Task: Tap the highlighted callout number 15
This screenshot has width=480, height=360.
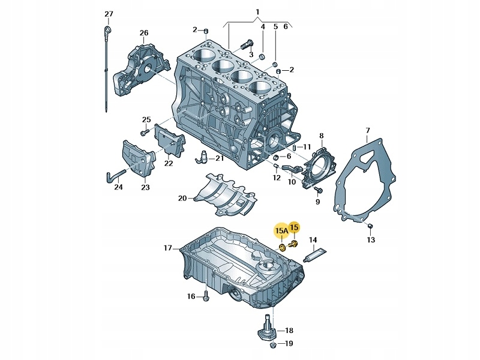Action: pyautogui.click(x=295, y=227)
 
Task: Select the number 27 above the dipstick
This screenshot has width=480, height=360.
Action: pyautogui.click(x=108, y=14)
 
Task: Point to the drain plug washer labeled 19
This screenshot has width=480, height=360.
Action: pyautogui.click(x=273, y=345)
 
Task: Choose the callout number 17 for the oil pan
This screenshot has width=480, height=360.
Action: pyautogui.click(x=167, y=248)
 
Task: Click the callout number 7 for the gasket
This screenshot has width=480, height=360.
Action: pyautogui.click(x=368, y=130)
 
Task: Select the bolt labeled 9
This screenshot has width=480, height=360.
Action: pyautogui.click(x=318, y=190)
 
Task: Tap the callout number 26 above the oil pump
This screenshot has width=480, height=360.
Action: pyautogui.click(x=144, y=32)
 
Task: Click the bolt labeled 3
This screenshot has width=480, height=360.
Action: pyautogui.click(x=247, y=44)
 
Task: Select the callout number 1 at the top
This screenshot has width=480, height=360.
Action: pyautogui.click(x=257, y=12)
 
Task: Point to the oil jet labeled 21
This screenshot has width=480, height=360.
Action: pyautogui.click(x=205, y=157)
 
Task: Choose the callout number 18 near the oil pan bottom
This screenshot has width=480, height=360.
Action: pyautogui.click(x=289, y=331)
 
